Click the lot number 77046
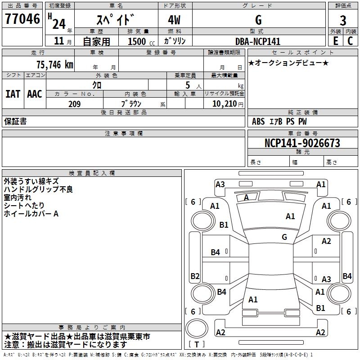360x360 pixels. click(22, 19)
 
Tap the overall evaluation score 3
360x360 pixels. click(343, 20)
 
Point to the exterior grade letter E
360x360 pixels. click(335, 40)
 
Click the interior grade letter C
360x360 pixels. click(350, 40)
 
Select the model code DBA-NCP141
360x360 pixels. click(258, 41)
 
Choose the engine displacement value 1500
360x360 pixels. click(137, 41)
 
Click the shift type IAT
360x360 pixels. click(13, 94)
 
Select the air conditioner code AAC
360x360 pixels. click(35, 94)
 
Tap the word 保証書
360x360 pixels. click(15, 121)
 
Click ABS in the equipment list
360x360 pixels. click(258, 121)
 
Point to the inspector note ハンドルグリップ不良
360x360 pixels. click(38, 189)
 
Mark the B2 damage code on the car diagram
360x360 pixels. click(195, 276)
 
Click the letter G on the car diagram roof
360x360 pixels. click(284, 237)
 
